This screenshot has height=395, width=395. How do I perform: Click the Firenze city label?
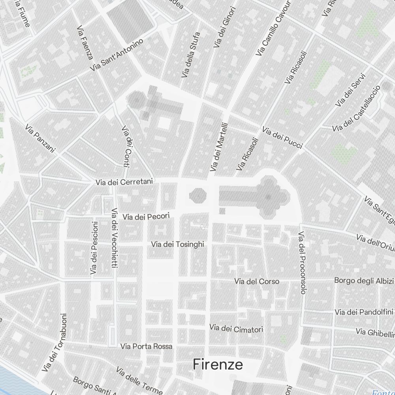218,365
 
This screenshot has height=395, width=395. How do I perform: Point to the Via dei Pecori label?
146,216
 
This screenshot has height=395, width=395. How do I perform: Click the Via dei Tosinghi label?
178,245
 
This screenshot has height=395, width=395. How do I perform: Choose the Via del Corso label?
257,281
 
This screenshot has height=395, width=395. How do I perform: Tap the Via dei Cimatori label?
236,328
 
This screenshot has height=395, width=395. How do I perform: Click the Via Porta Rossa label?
146,346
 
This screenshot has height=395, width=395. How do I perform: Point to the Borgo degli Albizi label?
364,281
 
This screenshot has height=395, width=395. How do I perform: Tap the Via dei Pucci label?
282,137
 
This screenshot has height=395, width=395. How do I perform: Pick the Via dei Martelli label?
220,147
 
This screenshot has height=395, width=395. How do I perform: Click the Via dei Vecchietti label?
115,238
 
